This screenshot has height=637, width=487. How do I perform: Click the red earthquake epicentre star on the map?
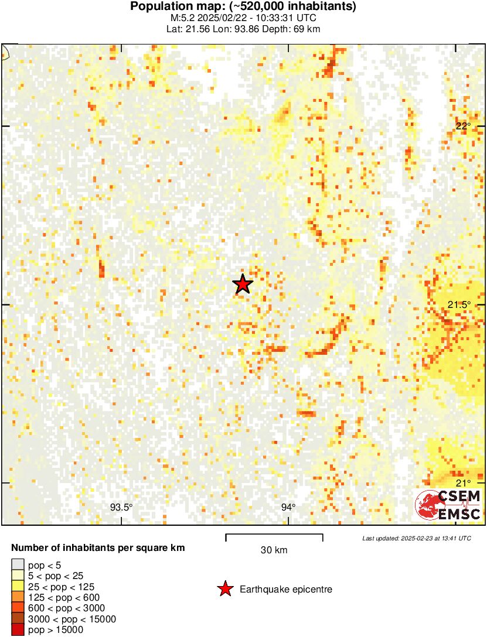click(x=243, y=284)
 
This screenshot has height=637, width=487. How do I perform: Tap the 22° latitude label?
click(x=464, y=126)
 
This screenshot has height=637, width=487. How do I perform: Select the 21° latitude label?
click(x=464, y=482)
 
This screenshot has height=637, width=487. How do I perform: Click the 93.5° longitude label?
click(x=121, y=507)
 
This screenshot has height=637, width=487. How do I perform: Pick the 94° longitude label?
click(x=288, y=507)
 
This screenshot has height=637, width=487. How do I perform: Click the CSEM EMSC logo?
click(x=448, y=505)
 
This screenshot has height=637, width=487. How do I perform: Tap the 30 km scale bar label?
click(x=274, y=550)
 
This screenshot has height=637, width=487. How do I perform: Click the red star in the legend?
click(x=225, y=589)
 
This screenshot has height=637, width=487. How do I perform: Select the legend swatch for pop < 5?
click(x=18, y=565)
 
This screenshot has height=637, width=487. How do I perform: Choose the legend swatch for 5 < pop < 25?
click(x=18, y=576)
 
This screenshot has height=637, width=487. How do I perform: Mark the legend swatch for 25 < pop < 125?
click(x=18, y=587)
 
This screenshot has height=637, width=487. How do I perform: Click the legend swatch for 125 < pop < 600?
click(x=18, y=597)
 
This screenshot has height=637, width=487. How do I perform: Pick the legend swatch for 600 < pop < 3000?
click(x=18, y=608)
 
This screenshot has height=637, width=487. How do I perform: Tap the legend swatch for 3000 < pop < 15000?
click(x=18, y=619)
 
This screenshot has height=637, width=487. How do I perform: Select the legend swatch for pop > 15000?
click(x=18, y=629)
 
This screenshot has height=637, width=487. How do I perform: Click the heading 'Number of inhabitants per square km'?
click(x=98, y=548)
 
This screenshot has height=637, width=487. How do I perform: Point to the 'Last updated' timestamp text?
click(x=416, y=537)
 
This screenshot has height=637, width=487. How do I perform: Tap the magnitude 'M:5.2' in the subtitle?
click(x=180, y=18)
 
